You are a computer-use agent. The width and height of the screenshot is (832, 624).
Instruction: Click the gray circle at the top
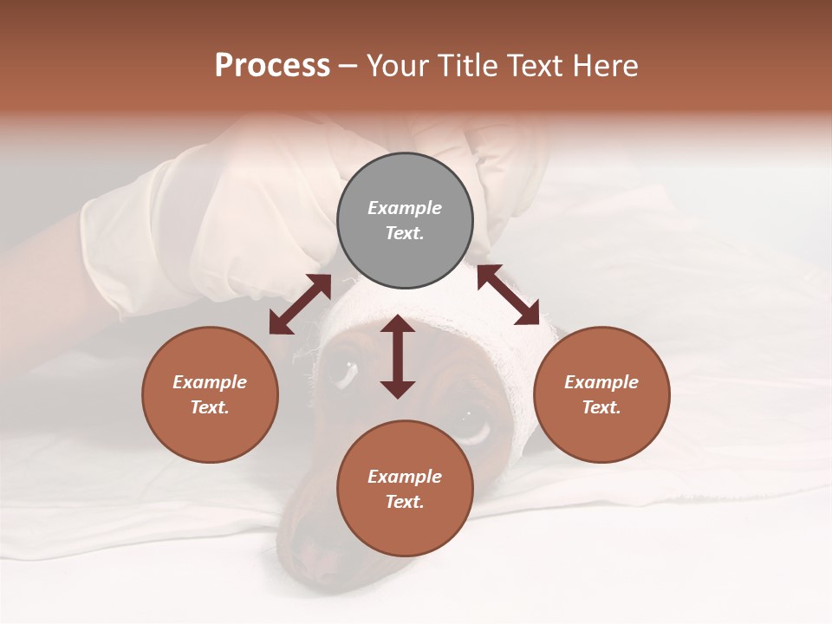point(405,221)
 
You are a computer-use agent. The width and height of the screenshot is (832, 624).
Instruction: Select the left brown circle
point(210,394)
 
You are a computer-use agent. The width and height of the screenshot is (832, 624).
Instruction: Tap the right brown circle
point(601,394)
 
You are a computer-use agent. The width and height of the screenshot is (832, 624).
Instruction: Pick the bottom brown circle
point(405,489)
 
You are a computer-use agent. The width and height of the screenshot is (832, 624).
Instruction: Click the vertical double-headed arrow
point(398,356)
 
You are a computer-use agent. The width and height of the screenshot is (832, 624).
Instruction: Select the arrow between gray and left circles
point(300,304)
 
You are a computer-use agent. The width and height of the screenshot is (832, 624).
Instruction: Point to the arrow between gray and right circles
point(508,295)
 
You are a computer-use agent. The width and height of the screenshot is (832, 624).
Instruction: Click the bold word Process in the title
point(272,66)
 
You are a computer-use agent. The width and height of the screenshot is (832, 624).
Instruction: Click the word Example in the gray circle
point(405,208)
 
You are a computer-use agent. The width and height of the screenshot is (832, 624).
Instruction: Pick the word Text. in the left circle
point(210,407)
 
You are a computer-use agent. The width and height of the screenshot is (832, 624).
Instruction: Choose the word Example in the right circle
point(601,382)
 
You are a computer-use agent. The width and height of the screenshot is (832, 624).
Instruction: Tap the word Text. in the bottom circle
point(405,502)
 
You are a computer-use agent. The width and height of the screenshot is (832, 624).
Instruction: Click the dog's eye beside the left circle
point(341,371)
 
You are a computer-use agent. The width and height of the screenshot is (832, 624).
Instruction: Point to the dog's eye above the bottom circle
point(472,423)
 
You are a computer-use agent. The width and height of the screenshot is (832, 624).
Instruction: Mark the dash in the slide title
point(348,66)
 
